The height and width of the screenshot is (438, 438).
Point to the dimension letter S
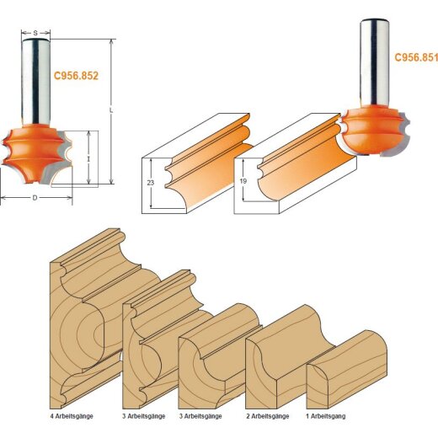35,33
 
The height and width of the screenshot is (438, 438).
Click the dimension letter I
88,158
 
